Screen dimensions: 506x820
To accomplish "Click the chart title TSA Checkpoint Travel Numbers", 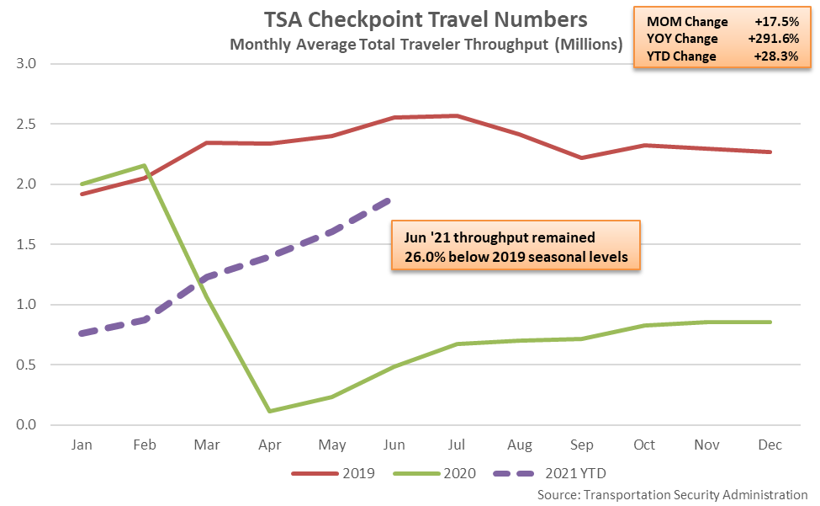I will click(x=426, y=19).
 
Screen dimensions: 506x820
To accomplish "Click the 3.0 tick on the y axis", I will click(x=29, y=64).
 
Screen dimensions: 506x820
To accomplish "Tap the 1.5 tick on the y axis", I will click(x=29, y=244).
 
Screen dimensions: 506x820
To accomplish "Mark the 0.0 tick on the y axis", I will click(x=29, y=425).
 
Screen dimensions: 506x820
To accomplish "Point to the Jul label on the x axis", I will click(x=457, y=444).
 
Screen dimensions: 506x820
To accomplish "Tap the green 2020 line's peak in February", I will click(x=145, y=166).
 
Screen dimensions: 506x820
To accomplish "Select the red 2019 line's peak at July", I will click(x=457, y=116).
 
